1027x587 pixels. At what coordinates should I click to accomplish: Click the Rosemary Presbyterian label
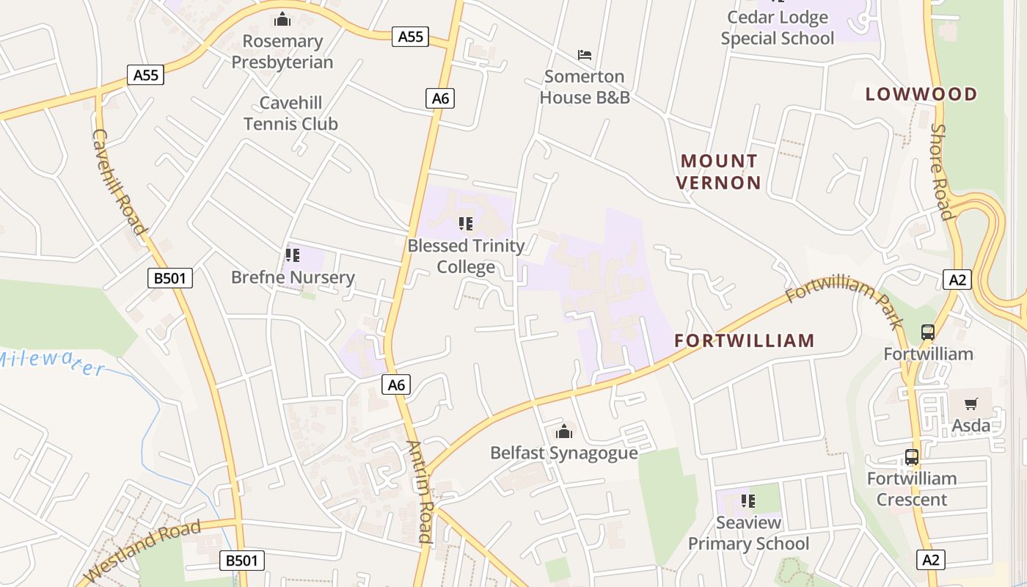click(x=282, y=51)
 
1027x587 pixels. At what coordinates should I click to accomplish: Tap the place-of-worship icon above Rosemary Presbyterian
click(x=282, y=19)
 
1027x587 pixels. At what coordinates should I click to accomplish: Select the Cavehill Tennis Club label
click(x=290, y=113)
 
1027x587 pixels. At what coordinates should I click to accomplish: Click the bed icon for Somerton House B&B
click(x=585, y=55)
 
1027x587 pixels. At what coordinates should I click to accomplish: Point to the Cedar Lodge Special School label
click(x=778, y=28)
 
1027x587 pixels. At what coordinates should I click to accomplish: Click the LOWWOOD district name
click(x=921, y=94)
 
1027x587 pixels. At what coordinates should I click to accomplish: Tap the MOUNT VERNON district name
click(x=718, y=172)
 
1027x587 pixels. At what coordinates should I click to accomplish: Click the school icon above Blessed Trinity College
click(x=466, y=223)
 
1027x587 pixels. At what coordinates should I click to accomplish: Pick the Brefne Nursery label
click(x=293, y=277)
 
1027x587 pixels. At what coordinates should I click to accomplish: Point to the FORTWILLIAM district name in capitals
click(x=745, y=340)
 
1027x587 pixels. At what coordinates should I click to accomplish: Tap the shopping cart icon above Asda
click(x=971, y=404)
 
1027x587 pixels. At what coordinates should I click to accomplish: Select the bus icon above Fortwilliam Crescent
click(x=912, y=457)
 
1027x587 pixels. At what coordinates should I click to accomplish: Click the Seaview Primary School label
click(x=748, y=533)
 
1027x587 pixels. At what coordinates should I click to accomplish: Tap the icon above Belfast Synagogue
click(x=563, y=431)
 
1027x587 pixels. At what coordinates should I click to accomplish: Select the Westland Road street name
click(x=144, y=551)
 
